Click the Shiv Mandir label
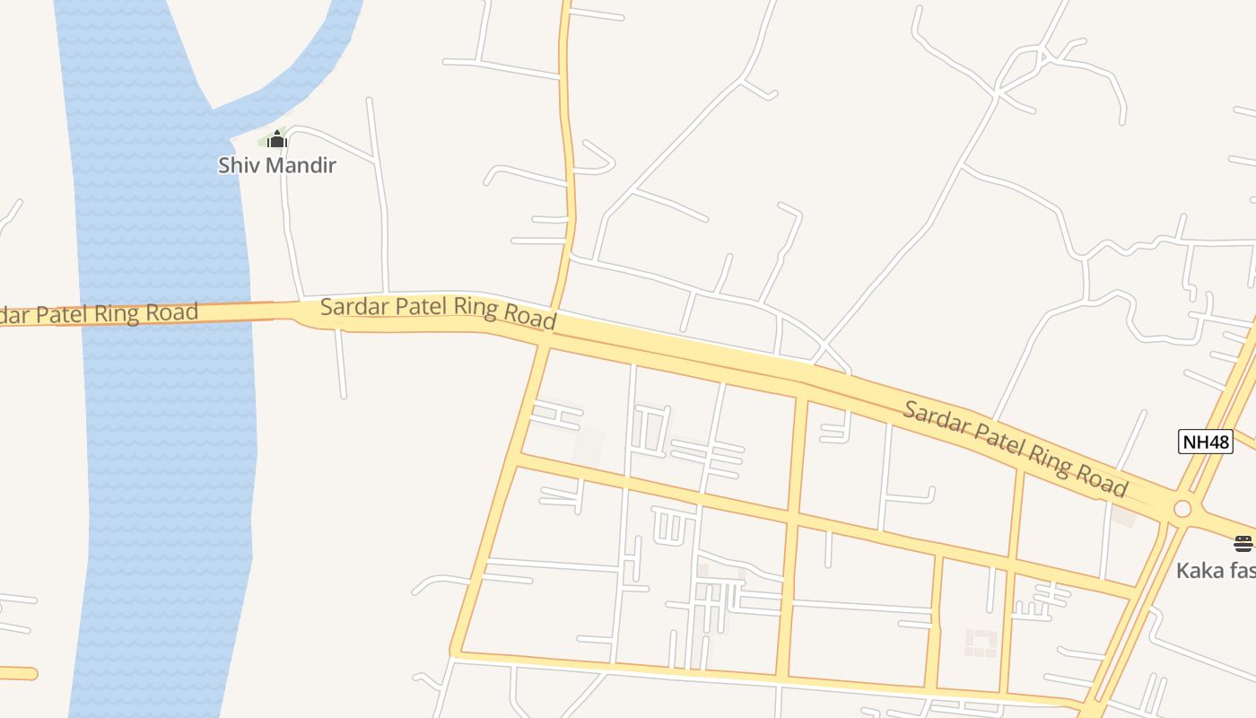pyautogui.click(x=277, y=165)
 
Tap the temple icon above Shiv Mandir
pyautogui.click(x=277, y=139)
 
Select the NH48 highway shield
pyautogui.click(x=1206, y=442)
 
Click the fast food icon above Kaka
pyautogui.click(x=1243, y=543)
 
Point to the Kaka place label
pyautogui.click(x=1216, y=570)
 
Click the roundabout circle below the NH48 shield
pyautogui.click(x=1182, y=509)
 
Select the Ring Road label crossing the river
pyautogui.click(x=99, y=314)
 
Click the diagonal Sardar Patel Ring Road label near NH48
pyautogui.click(x=1014, y=449)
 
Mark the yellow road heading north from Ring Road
pyautogui.click(x=567, y=135)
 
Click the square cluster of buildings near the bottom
pyautogui.click(x=981, y=643)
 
